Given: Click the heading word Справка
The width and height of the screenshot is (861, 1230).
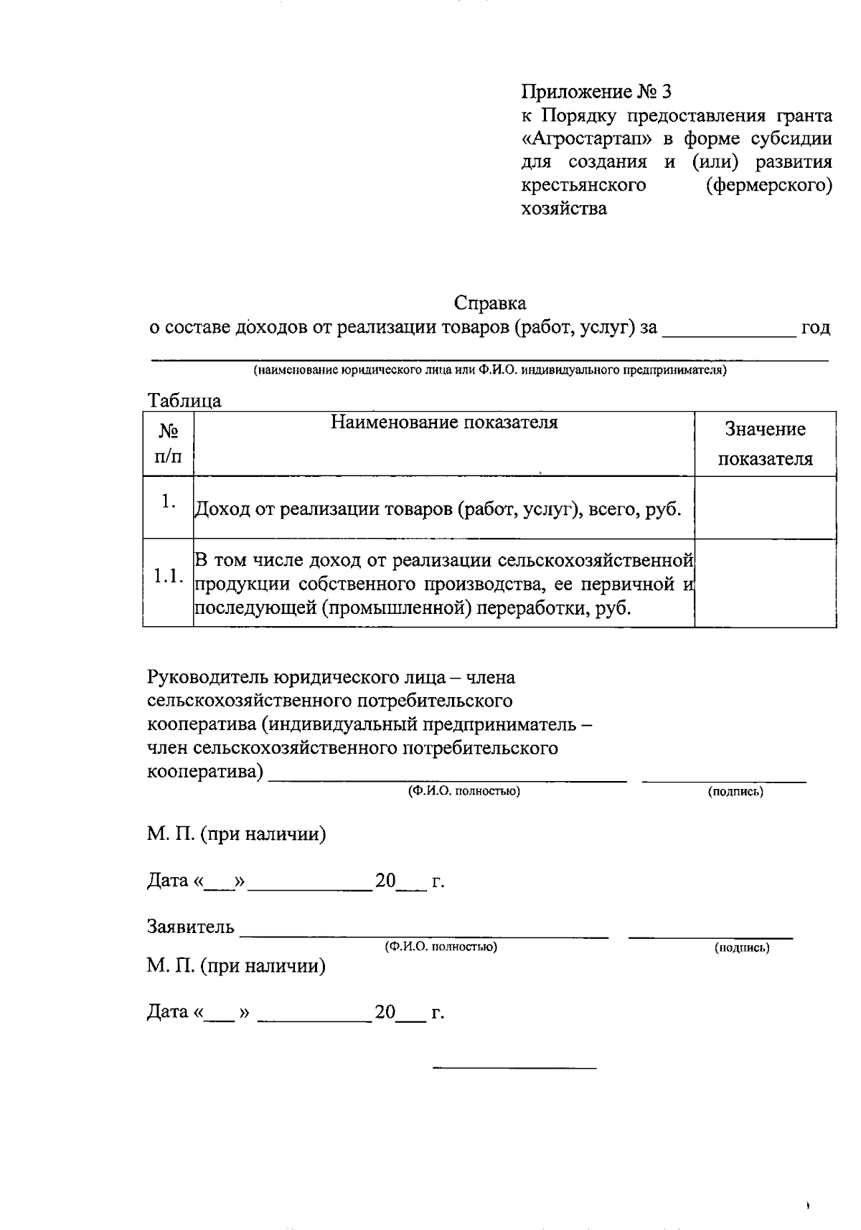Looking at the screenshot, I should click(x=490, y=303).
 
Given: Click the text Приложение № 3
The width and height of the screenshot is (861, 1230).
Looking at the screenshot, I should click(x=596, y=92).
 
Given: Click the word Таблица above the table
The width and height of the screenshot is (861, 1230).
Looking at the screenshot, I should click(x=184, y=400).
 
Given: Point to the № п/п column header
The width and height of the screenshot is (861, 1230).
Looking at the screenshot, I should click(x=169, y=443).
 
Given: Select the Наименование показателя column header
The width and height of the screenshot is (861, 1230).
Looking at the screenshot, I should click(x=444, y=422).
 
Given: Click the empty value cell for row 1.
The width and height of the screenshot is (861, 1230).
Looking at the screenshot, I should click(x=766, y=508).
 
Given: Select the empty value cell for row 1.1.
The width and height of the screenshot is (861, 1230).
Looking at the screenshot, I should click(x=766, y=583).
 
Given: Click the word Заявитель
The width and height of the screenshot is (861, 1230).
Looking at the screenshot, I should click(x=191, y=927).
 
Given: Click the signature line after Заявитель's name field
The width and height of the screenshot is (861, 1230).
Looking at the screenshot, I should click(x=710, y=935).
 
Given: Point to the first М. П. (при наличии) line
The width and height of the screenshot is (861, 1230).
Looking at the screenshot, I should click(x=237, y=835).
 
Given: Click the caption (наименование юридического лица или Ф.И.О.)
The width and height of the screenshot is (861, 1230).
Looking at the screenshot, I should click(x=489, y=371).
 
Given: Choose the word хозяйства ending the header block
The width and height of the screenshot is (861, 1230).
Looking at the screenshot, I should click(x=564, y=209).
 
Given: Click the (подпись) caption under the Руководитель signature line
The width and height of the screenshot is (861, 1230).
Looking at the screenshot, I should click(x=735, y=792).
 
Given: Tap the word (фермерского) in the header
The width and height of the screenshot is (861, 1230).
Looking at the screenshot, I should click(x=769, y=186).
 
